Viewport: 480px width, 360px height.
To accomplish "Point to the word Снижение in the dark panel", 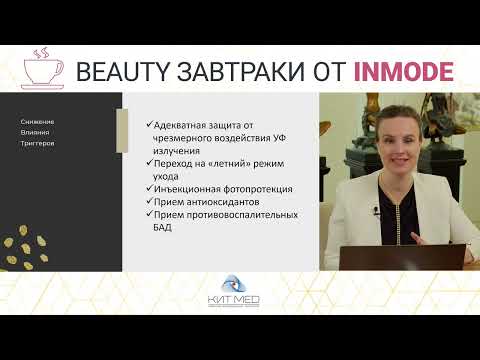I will [x=38, y=121].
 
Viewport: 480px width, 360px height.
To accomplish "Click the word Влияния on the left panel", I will [x=36, y=132].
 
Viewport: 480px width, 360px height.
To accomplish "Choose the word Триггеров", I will [x=38, y=143].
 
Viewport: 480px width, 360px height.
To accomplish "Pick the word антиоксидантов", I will [x=214, y=201].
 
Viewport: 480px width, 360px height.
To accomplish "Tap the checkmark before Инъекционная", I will [x=149, y=188].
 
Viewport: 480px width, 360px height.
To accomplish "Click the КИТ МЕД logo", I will [x=240, y=296].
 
